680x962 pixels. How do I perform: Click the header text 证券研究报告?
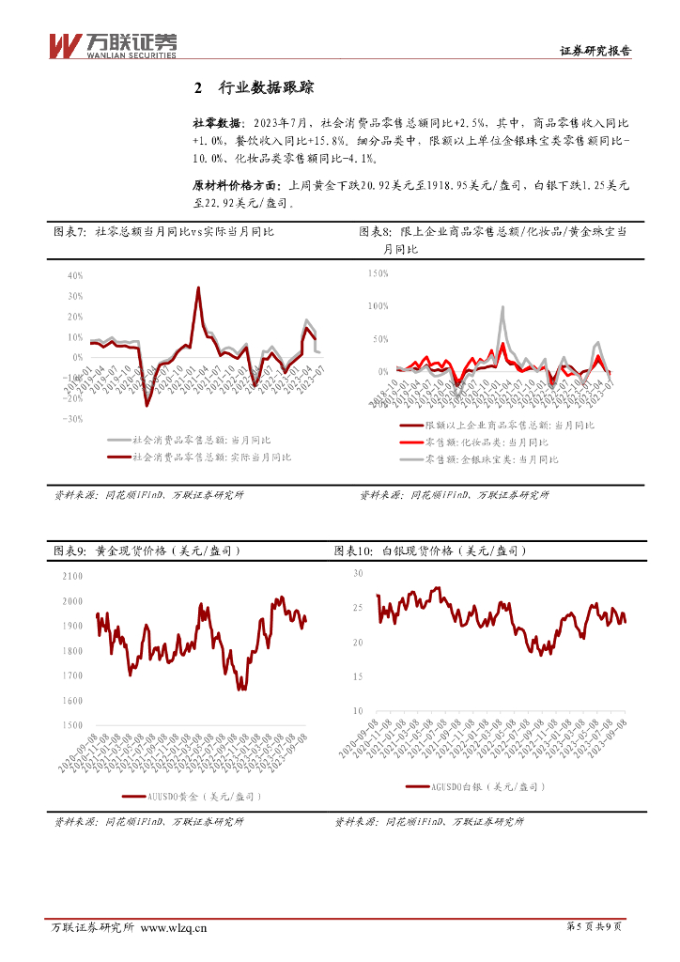[x=595, y=53]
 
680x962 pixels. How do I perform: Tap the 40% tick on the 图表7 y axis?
[x=74, y=276]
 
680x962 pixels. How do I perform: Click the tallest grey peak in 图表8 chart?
[x=502, y=307]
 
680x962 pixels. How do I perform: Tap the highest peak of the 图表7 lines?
[x=198, y=287]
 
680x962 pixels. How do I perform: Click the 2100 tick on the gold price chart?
[x=71, y=576]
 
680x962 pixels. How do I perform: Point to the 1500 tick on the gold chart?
[x=71, y=725]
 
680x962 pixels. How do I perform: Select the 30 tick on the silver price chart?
[x=357, y=572]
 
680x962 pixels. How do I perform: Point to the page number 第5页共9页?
[x=595, y=928]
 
